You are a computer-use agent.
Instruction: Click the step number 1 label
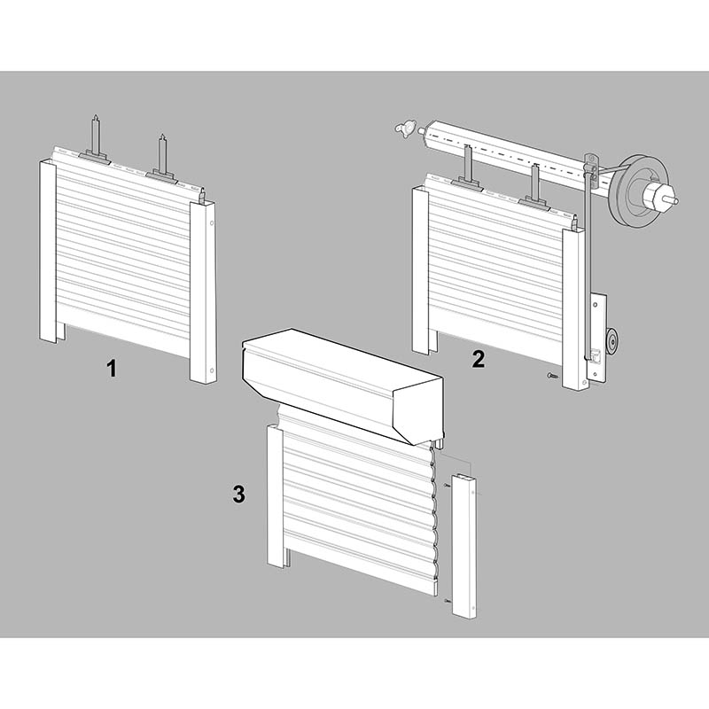112,368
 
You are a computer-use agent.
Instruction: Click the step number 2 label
478,359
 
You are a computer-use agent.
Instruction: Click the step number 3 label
238,494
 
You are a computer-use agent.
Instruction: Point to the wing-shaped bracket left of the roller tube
405,129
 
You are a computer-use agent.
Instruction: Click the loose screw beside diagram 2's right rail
552,375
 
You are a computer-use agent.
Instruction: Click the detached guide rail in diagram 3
464,546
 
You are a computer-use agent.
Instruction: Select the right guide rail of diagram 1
203,293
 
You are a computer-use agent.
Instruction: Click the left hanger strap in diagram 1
95,140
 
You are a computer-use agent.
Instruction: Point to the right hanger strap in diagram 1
162,159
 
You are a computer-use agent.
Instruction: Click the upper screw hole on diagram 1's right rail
212,223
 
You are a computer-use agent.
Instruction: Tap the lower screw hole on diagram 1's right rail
212,370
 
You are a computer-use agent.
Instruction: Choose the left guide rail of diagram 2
420,271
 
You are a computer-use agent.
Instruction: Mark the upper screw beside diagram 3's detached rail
448,485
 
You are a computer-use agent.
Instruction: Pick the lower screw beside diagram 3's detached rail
448,600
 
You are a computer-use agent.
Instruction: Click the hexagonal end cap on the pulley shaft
654,196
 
